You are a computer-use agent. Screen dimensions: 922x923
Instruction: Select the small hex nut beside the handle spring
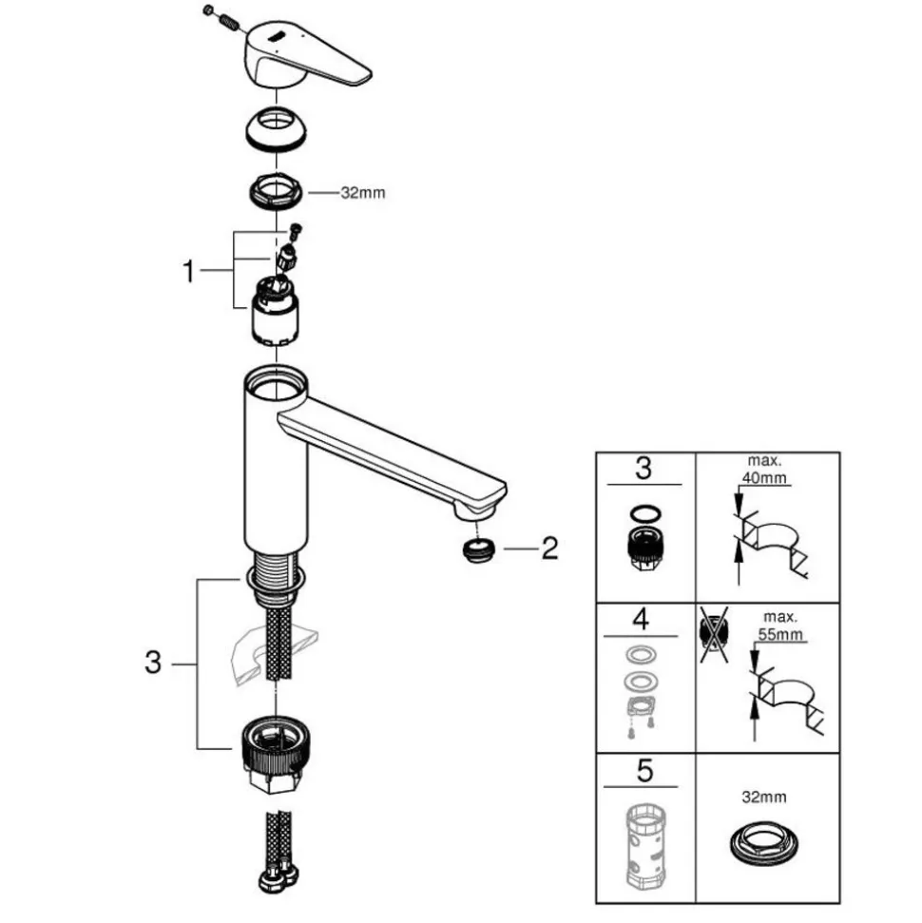207,10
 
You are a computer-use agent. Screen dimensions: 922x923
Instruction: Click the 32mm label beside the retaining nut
363,192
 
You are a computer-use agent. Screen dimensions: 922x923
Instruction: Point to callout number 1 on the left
188,271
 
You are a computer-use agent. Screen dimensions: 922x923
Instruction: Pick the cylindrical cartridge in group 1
275,311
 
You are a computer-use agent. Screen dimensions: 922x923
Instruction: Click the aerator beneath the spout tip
479,549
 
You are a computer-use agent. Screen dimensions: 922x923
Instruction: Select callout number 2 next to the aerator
549,548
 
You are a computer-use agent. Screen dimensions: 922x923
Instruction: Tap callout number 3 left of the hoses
153,663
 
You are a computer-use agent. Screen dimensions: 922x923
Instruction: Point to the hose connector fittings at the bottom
277,879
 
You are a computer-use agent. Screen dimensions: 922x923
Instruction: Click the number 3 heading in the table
644,468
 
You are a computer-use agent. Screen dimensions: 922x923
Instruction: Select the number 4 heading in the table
641,619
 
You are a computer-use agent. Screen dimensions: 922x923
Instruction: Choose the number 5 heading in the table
644,771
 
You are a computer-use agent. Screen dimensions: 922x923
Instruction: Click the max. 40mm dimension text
764,470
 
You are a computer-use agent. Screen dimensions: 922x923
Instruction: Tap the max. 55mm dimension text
780,625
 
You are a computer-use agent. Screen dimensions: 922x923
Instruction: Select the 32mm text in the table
764,797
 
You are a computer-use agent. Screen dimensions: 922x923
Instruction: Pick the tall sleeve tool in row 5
644,845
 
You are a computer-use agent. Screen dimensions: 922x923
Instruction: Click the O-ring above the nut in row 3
645,513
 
